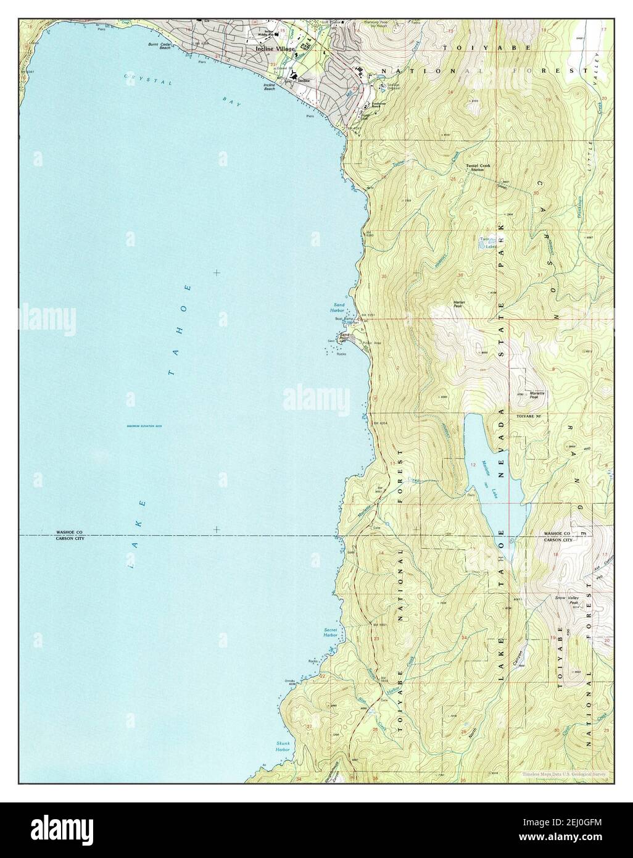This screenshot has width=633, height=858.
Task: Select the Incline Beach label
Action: click(x=270, y=87)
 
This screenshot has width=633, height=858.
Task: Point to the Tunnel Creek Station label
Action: click(x=475, y=168)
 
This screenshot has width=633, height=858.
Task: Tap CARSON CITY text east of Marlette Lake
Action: click(x=558, y=539)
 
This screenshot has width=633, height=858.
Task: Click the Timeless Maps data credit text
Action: click(x=565, y=774)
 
